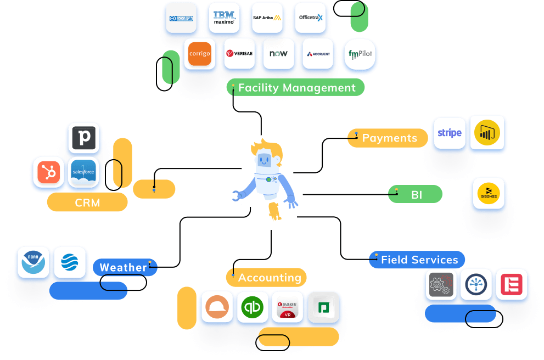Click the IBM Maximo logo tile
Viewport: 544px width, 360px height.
[224, 18]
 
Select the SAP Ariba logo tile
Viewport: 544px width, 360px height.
[267, 18]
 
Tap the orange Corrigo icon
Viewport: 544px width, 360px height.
[200, 54]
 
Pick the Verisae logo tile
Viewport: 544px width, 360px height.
[239, 54]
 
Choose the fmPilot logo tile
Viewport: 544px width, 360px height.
[360, 54]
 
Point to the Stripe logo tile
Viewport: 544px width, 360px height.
[449, 133]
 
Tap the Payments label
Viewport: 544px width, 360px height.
[389, 138]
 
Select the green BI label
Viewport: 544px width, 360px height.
[416, 194]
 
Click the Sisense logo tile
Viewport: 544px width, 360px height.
[489, 194]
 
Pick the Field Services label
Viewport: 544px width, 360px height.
[419, 260]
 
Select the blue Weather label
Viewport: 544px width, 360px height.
[123, 268]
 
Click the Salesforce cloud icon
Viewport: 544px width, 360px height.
[83, 172]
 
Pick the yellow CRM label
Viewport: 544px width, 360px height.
[87, 203]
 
